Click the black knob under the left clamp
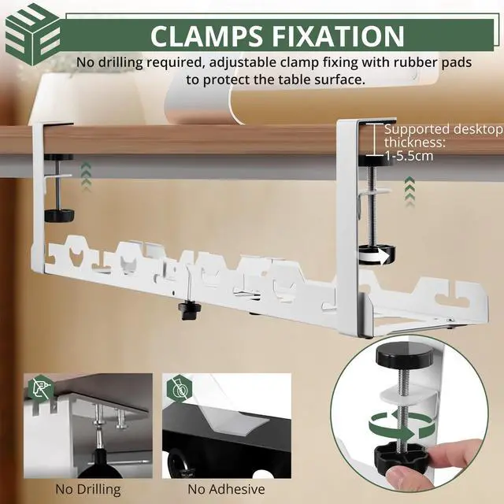[x=56, y=214]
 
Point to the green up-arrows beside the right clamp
[x=408, y=190]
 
